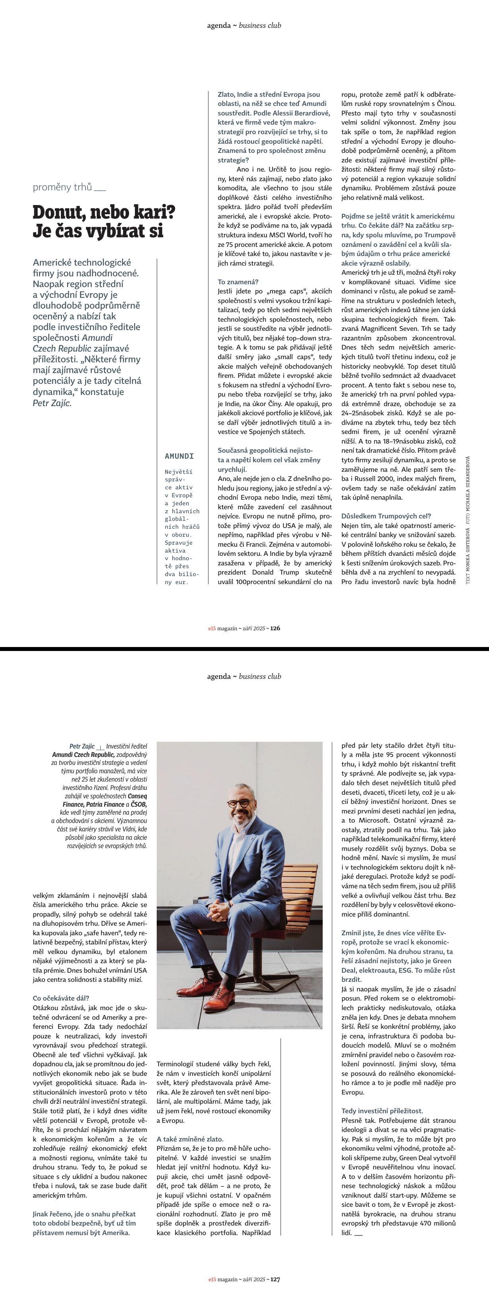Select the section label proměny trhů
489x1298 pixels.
(62, 188)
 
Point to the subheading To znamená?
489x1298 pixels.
(238, 281)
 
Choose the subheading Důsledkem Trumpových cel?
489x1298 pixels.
(386, 516)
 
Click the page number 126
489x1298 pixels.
(275, 628)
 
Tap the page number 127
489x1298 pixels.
(275, 1279)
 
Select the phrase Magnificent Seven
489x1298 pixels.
(382, 328)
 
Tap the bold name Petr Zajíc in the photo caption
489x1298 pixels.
(82, 746)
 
